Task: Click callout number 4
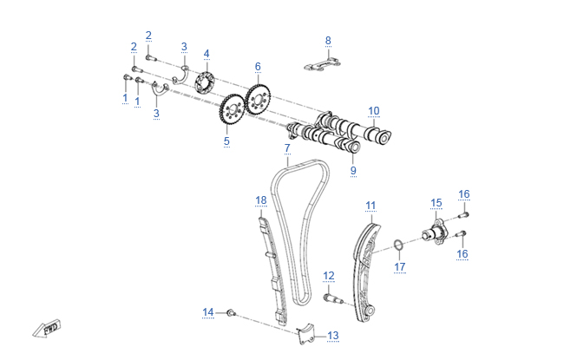point(207,54)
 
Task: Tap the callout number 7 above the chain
point(286,148)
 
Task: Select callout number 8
point(328,40)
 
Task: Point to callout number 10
point(373,110)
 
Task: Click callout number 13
point(332,335)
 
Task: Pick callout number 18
point(261,200)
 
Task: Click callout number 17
point(399,266)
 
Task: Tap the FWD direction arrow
point(46,329)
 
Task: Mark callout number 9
point(353,171)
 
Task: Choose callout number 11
point(371,206)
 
